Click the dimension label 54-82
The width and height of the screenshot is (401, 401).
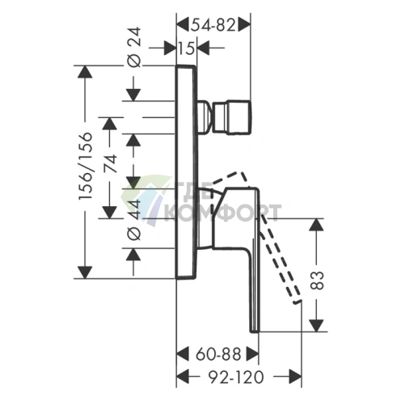pos(213,26)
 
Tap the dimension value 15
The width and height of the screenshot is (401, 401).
pos(186,49)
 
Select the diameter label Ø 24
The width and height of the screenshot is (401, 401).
pos(134,47)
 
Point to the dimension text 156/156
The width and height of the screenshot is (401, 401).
pos(86,166)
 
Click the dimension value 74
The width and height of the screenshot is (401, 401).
pos(111,163)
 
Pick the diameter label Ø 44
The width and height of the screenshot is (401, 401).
pos(134,220)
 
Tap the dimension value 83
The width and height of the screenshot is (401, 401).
pos(317,281)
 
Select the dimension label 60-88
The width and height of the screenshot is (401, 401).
pos(218,354)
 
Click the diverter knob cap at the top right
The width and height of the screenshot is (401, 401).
pos(232,117)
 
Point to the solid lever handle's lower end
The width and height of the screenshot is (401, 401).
pos(255,331)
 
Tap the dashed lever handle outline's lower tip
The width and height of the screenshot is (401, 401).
pos(297,302)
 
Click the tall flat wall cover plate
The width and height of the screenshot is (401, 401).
pos(186,172)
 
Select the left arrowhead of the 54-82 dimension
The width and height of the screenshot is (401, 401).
pos(182,26)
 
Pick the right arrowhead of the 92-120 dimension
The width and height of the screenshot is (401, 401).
pos(295,377)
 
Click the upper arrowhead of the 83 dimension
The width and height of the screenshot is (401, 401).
pos(316,225)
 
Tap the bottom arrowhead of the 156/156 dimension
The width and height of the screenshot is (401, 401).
pos(85,272)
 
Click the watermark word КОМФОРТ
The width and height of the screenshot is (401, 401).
pos(222,213)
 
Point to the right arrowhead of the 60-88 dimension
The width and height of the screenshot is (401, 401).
pos(252,354)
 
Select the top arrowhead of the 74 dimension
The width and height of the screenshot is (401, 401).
pos(110,124)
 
